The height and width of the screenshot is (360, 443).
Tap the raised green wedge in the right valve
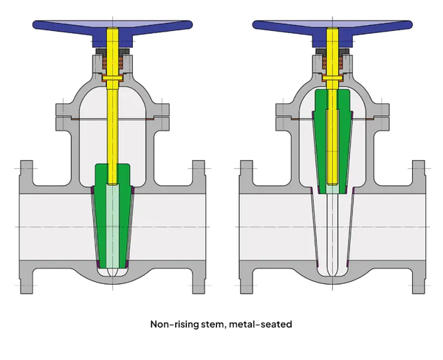[x=320, y=140]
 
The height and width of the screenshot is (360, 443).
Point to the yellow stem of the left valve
[x=113, y=125]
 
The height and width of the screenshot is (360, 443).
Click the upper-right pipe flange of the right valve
[x=419, y=174]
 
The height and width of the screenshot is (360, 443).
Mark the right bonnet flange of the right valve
[x=384, y=114]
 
